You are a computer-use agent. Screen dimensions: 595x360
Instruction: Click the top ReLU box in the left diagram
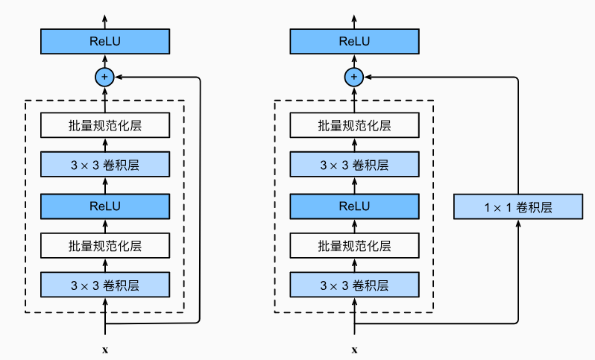coord(105,41)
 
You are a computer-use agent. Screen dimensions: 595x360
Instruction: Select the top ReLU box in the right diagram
coord(354,41)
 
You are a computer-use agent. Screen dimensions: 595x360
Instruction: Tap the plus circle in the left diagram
coord(104,77)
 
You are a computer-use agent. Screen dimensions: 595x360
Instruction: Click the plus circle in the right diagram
coord(354,77)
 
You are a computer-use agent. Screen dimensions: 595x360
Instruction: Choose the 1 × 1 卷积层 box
coord(518,206)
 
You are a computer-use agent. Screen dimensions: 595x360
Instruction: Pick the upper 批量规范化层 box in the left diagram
coord(105,125)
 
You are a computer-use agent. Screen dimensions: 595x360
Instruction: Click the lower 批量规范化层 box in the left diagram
coord(105,246)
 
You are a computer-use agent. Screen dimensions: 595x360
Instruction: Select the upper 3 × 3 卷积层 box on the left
coord(105,165)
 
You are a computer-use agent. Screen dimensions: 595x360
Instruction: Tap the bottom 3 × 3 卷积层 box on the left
coord(105,285)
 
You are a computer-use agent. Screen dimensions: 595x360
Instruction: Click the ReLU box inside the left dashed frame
coord(105,206)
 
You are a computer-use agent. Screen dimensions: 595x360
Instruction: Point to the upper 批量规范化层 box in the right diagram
coord(354,125)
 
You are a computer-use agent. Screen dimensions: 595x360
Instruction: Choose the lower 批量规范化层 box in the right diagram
coord(354,246)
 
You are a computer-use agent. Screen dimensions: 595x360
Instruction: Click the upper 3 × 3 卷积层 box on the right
coord(354,165)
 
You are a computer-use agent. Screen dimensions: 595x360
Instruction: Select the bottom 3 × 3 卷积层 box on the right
coord(354,285)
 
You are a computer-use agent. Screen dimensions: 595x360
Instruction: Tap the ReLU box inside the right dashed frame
coord(354,206)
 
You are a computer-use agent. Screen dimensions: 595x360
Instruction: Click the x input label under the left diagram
coord(105,350)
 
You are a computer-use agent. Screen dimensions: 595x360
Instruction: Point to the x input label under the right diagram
coord(354,350)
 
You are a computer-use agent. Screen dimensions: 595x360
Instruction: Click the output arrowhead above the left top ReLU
coord(105,19)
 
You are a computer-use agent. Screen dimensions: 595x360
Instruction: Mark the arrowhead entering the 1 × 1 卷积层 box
coord(518,224)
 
